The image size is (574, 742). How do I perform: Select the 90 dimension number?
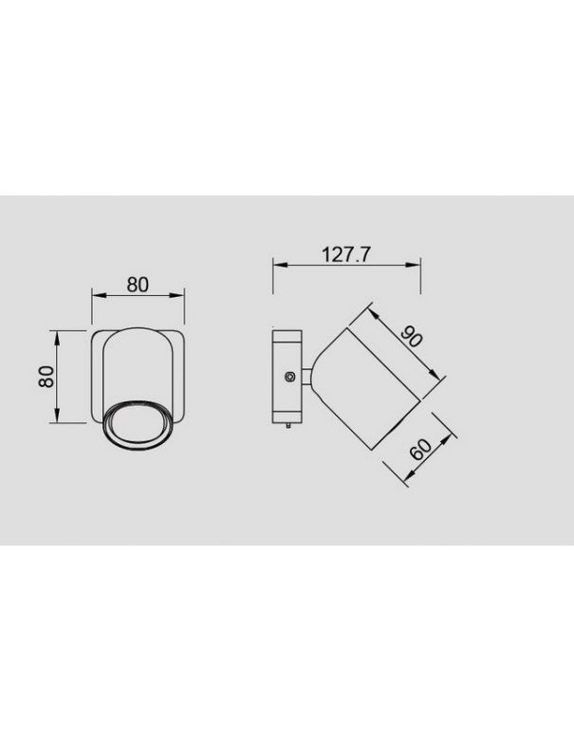pos(411,339)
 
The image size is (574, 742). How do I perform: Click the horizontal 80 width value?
pos(139,285)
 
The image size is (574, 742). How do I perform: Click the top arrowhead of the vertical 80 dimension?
pos(59,335)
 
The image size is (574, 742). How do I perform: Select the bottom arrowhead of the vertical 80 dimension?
pos(59,418)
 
